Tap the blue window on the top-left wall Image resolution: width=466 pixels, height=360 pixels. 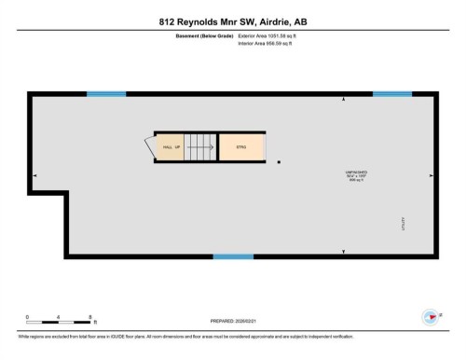pos(106,93)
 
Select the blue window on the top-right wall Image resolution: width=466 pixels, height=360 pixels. pos(391,93)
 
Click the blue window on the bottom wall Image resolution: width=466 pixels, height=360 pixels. pos(233,256)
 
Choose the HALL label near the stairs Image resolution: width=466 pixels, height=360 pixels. pos(168,147)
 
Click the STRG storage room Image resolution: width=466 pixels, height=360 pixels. pos(240,147)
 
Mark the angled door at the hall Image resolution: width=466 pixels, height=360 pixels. pos(148,145)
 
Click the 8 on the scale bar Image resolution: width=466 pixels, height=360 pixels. pos(89,317)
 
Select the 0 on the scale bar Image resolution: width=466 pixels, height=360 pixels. pos(27,317)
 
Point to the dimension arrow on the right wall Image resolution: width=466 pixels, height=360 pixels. pos(430,174)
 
